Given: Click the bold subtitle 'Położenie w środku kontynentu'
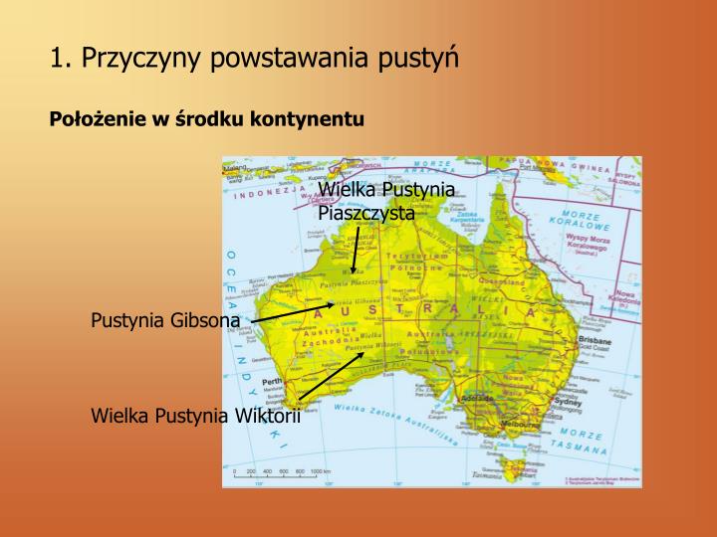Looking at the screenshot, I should click(x=208, y=119).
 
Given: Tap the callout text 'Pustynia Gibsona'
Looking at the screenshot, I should click(x=165, y=320).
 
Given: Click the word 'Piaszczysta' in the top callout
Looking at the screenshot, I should click(x=366, y=212).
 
